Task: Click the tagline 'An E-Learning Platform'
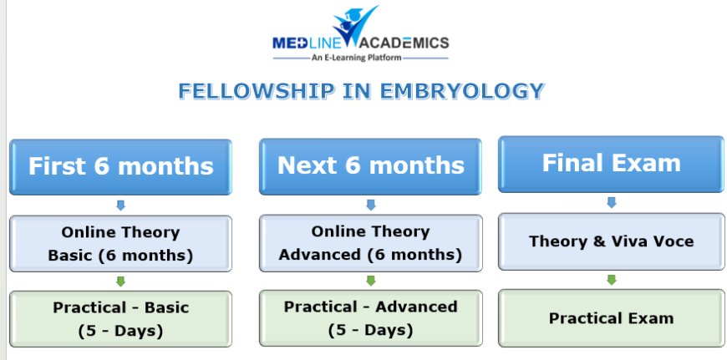tap(360, 58)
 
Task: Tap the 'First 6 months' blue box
tap(120, 165)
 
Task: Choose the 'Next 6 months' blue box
tap(370, 165)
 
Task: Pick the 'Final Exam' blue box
tap(611, 162)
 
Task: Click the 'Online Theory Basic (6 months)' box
tap(120, 243)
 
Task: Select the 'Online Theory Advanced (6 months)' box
tap(370, 242)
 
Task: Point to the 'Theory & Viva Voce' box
tap(611, 241)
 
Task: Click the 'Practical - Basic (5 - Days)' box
tap(120, 318)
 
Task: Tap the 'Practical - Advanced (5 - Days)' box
tap(370, 317)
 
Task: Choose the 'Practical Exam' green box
tap(611, 317)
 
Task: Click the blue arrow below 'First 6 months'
tap(120, 205)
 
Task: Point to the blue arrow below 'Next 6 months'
tap(370, 204)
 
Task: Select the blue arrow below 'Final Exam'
tap(611, 202)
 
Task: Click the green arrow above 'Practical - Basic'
tap(120, 281)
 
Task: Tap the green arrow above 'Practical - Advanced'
tap(370, 281)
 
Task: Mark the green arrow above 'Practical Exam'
tap(611, 280)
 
